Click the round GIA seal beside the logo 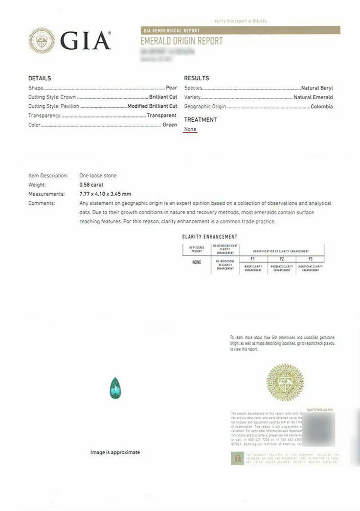tap(42, 40)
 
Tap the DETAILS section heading tap(39, 78)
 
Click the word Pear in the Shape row tap(171, 88)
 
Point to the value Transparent tap(162, 115)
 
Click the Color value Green tap(170, 125)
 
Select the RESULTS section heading tap(196, 78)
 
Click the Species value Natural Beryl tap(317, 88)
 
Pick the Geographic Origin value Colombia tap(322, 106)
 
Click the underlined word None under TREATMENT tap(190, 129)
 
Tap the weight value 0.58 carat tap(92, 184)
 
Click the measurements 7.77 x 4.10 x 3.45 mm tap(105, 194)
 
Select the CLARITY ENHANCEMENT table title tap(210, 237)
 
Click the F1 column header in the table tap(253, 260)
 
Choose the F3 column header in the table tap(310, 260)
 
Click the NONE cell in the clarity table tap(197, 262)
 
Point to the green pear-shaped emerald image tap(116, 388)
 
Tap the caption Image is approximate tap(115, 452)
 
